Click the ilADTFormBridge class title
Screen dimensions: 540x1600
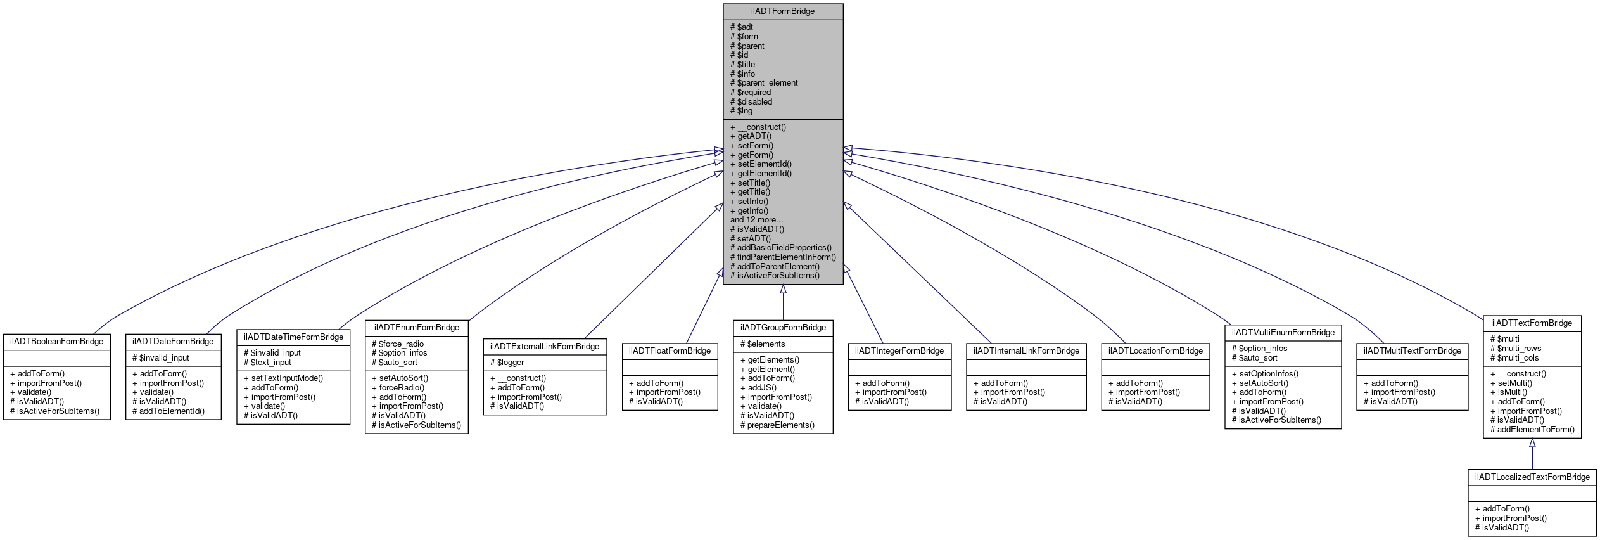pyautogui.click(x=783, y=11)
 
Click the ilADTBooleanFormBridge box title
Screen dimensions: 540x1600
pyautogui.click(x=57, y=342)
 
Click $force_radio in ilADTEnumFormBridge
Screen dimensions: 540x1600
pyautogui.click(x=401, y=344)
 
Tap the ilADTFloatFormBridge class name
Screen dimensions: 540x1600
pyautogui.click(x=670, y=351)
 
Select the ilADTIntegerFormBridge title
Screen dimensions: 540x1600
pyautogui.click(x=899, y=351)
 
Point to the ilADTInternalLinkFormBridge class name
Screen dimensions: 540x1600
pyautogui.click(x=1026, y=351)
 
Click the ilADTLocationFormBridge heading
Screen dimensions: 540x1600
pyautogui.click(x=1155, y=351)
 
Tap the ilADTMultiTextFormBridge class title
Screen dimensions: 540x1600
pyautogui.click(x=1412, y=351)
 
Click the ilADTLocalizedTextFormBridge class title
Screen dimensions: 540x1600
pyautogui.click(x=1532, y=477)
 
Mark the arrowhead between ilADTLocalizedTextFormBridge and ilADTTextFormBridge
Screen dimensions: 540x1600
pyautogui.click(x=1532, y=443)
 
